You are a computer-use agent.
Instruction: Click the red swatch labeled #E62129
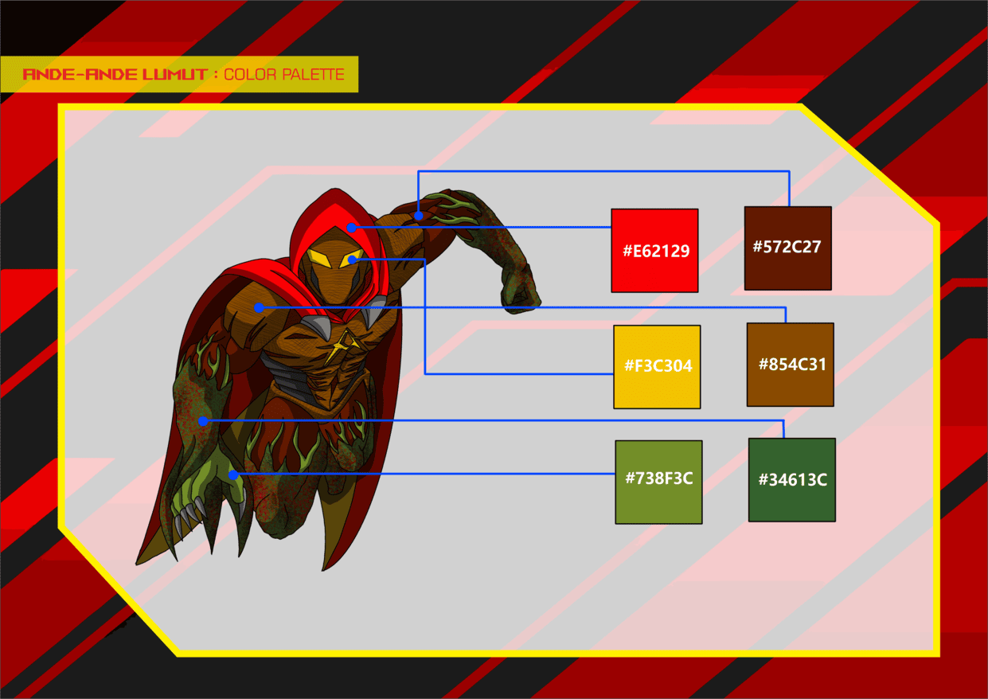pyautogui.click(x=654, y=251)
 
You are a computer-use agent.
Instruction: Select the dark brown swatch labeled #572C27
pyautogui.click(x=787, y=248)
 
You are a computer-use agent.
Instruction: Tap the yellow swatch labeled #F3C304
pyautogui.click(x=657, y=367)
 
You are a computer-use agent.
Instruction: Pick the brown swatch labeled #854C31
pyautogui.click(x=790, y=365)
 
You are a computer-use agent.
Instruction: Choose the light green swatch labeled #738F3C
pyautogui.click(x=658, y=482)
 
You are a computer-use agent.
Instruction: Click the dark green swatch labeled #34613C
pyautogui.click(x=791, y=480)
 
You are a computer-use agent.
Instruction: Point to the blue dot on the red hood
pyautogui.click(x=352, y=228)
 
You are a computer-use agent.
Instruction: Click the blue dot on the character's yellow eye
pyautogui.click(x=353, y=260)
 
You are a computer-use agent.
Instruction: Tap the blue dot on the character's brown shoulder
pyautogui.click(x=260, y=307)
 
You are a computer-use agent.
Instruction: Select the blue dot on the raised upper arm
pyautogui.click(x=419, y=216)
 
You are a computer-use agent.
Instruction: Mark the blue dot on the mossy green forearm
pyautogui.click(x=203, y=421)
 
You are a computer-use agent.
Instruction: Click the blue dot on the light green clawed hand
pyautogui.click(x=233, y=475)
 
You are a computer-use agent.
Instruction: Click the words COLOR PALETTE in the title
pyautogui.click(x=284, y=74)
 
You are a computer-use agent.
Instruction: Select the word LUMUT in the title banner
pyautogui.click(x=174, y=74)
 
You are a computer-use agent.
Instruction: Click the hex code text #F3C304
pyautogui.click(x=658, y=365)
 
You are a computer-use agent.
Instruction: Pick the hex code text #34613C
pyautogui.click(x=793, y=480)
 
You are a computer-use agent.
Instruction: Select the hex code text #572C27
pyautogui.click(x=787, y=247)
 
